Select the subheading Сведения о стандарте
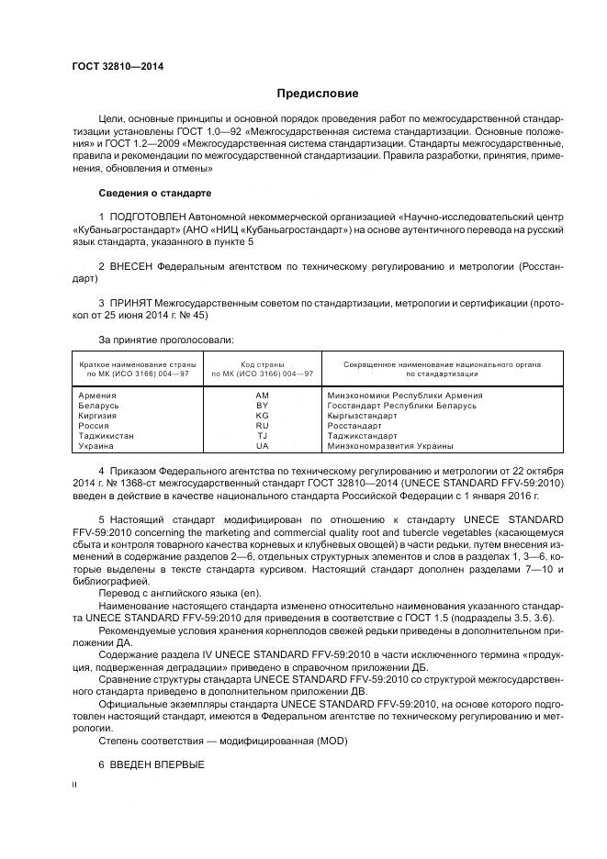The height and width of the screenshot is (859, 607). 154,194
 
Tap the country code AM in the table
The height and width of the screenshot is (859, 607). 262,396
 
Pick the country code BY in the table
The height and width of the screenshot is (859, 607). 262,406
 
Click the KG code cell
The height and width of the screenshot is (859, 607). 262,416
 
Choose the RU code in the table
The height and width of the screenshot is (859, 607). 262,426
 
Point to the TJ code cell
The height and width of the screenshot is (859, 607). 262,436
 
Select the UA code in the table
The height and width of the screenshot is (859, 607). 262,446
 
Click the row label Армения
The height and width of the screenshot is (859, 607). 98,396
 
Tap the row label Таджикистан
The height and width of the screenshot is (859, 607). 107,436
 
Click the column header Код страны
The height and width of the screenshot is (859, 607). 262,364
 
